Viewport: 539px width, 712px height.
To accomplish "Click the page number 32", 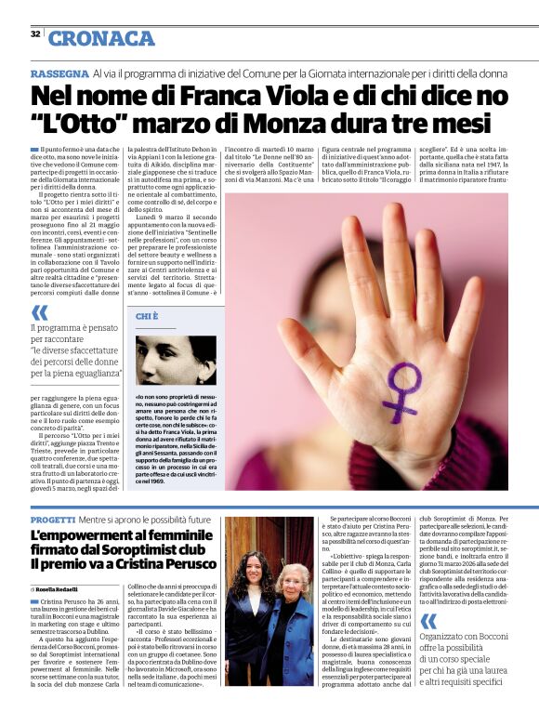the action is click(x=34, y=34).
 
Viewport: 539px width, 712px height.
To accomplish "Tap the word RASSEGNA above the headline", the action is click(x=59, y=73).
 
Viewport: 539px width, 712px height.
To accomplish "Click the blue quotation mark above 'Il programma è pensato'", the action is click(x=38, y=313).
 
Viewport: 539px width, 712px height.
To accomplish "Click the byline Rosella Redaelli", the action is click(x=60, y=589).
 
